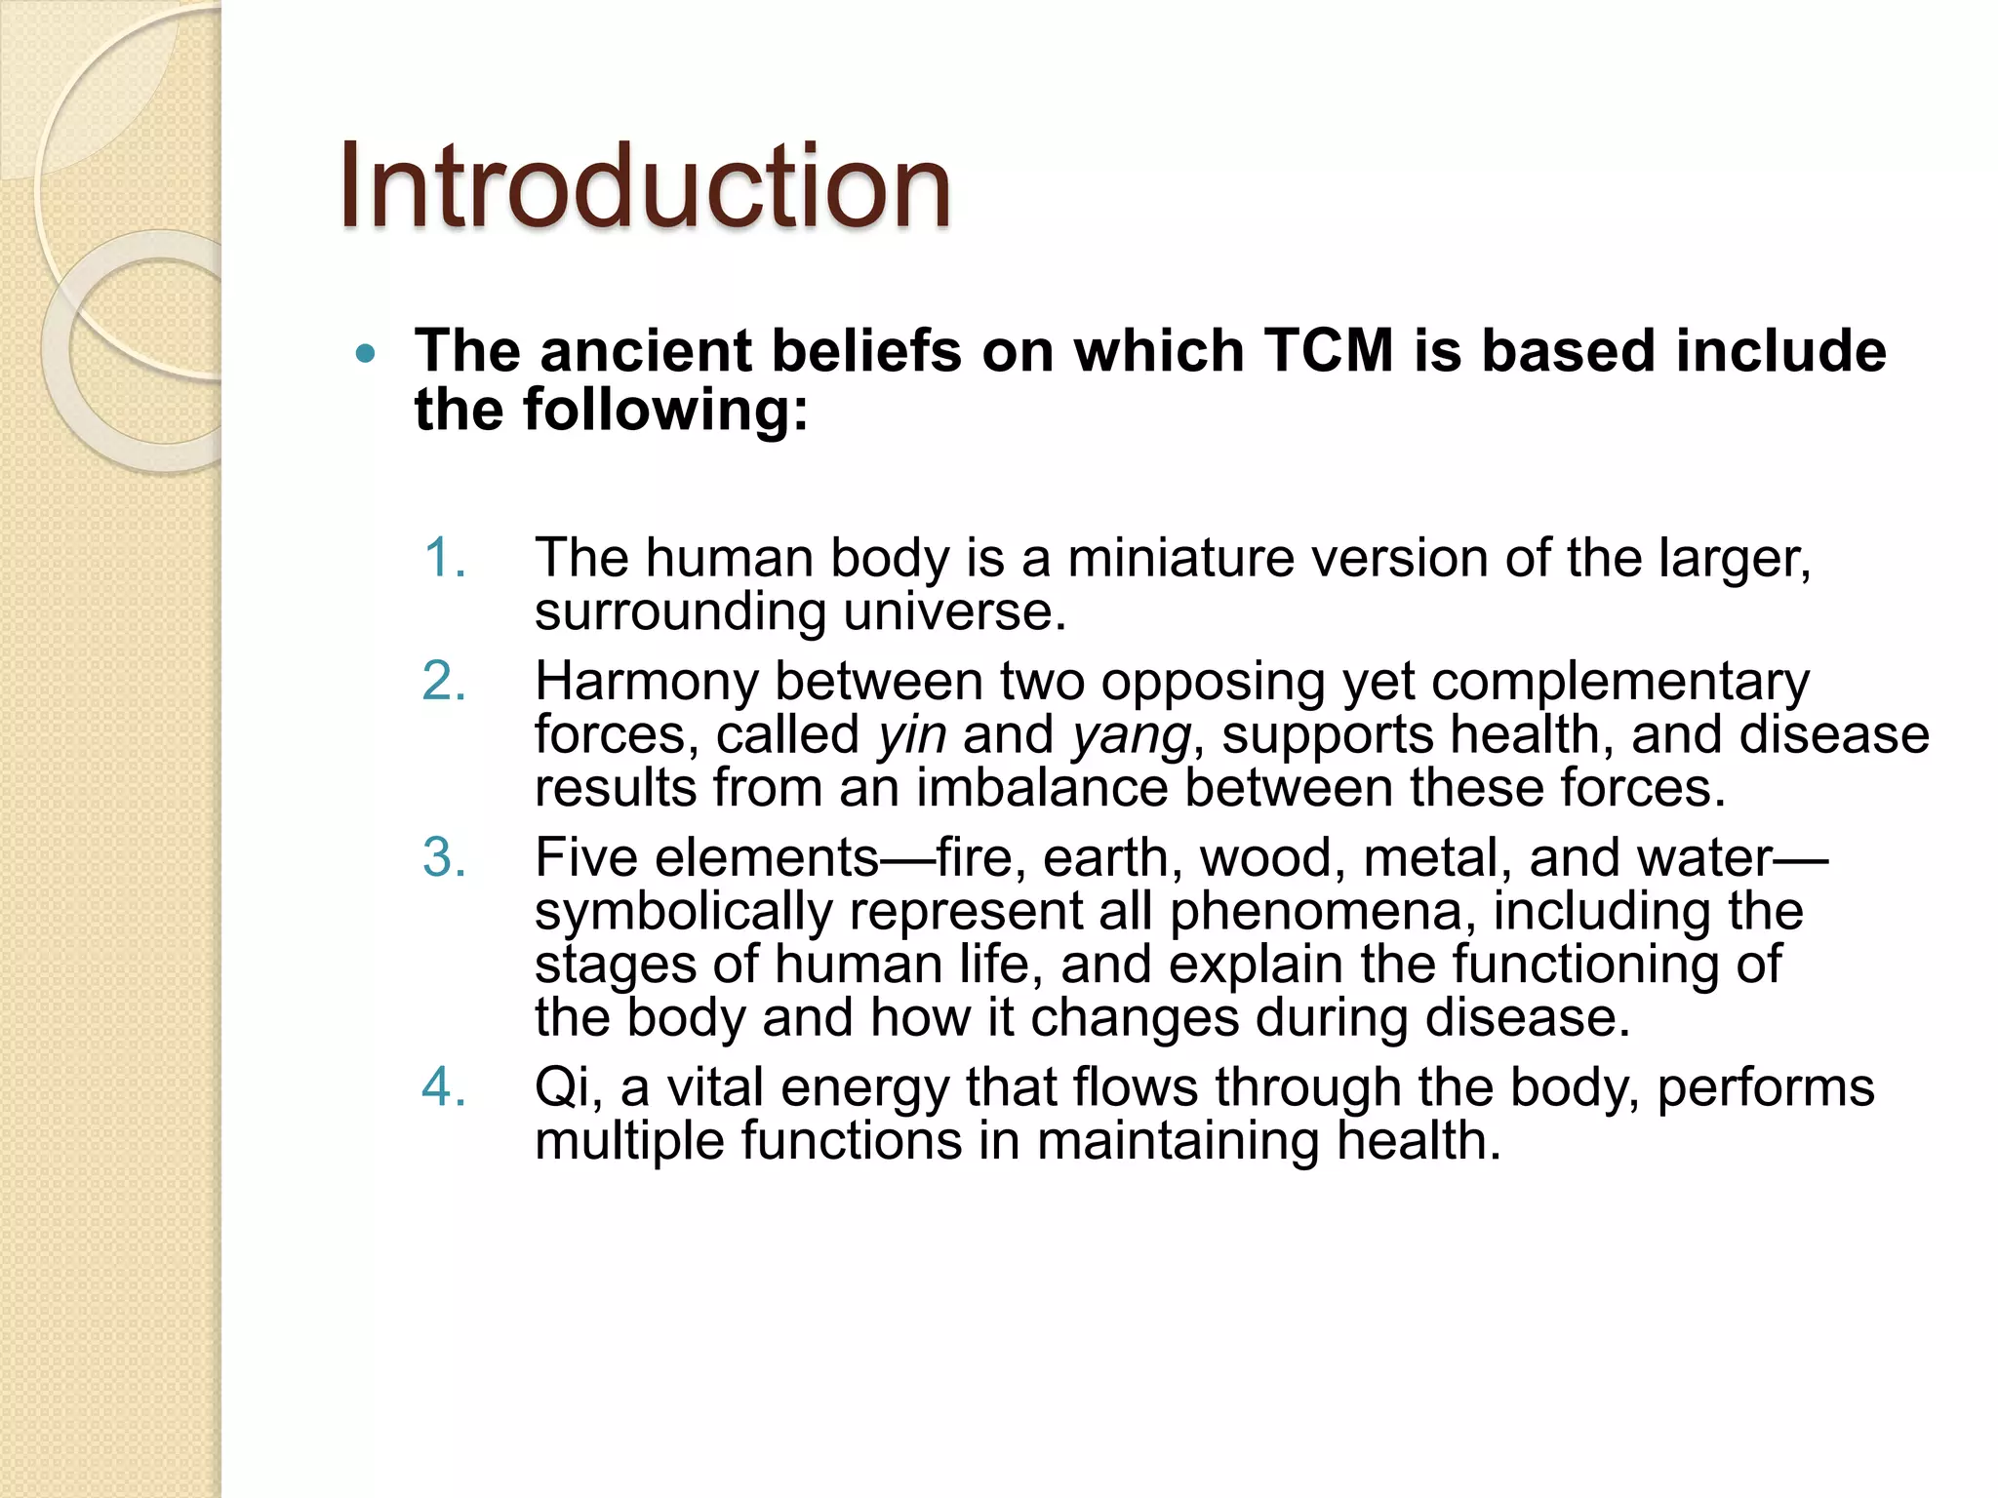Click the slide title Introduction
(x=644, y=185)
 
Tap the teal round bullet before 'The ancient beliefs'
(x=366, y=354)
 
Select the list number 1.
(x=444, y=559)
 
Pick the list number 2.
(x=444, y=681)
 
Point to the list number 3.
(x=444, y=858)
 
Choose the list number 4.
(x=444, y=1087)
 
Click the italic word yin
(x=911, y=735)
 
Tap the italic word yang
(x=1131, y=735)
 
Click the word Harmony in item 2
(x=646, y=682)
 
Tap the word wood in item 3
(x=1265, y=858)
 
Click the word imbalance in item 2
(x=1041, y=788)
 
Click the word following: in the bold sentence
(x=665, y=410)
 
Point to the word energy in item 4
(x=864, y=1088)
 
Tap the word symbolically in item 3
(x=683, y=912)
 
